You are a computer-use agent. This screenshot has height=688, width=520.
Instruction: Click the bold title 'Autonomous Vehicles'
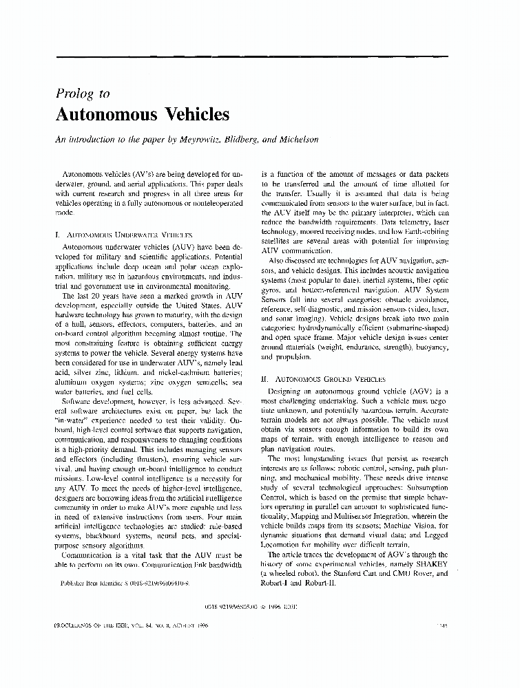pos(142,114)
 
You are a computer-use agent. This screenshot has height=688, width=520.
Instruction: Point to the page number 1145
pos(442,626)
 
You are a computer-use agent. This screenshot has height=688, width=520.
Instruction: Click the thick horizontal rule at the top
pos(251,55)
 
